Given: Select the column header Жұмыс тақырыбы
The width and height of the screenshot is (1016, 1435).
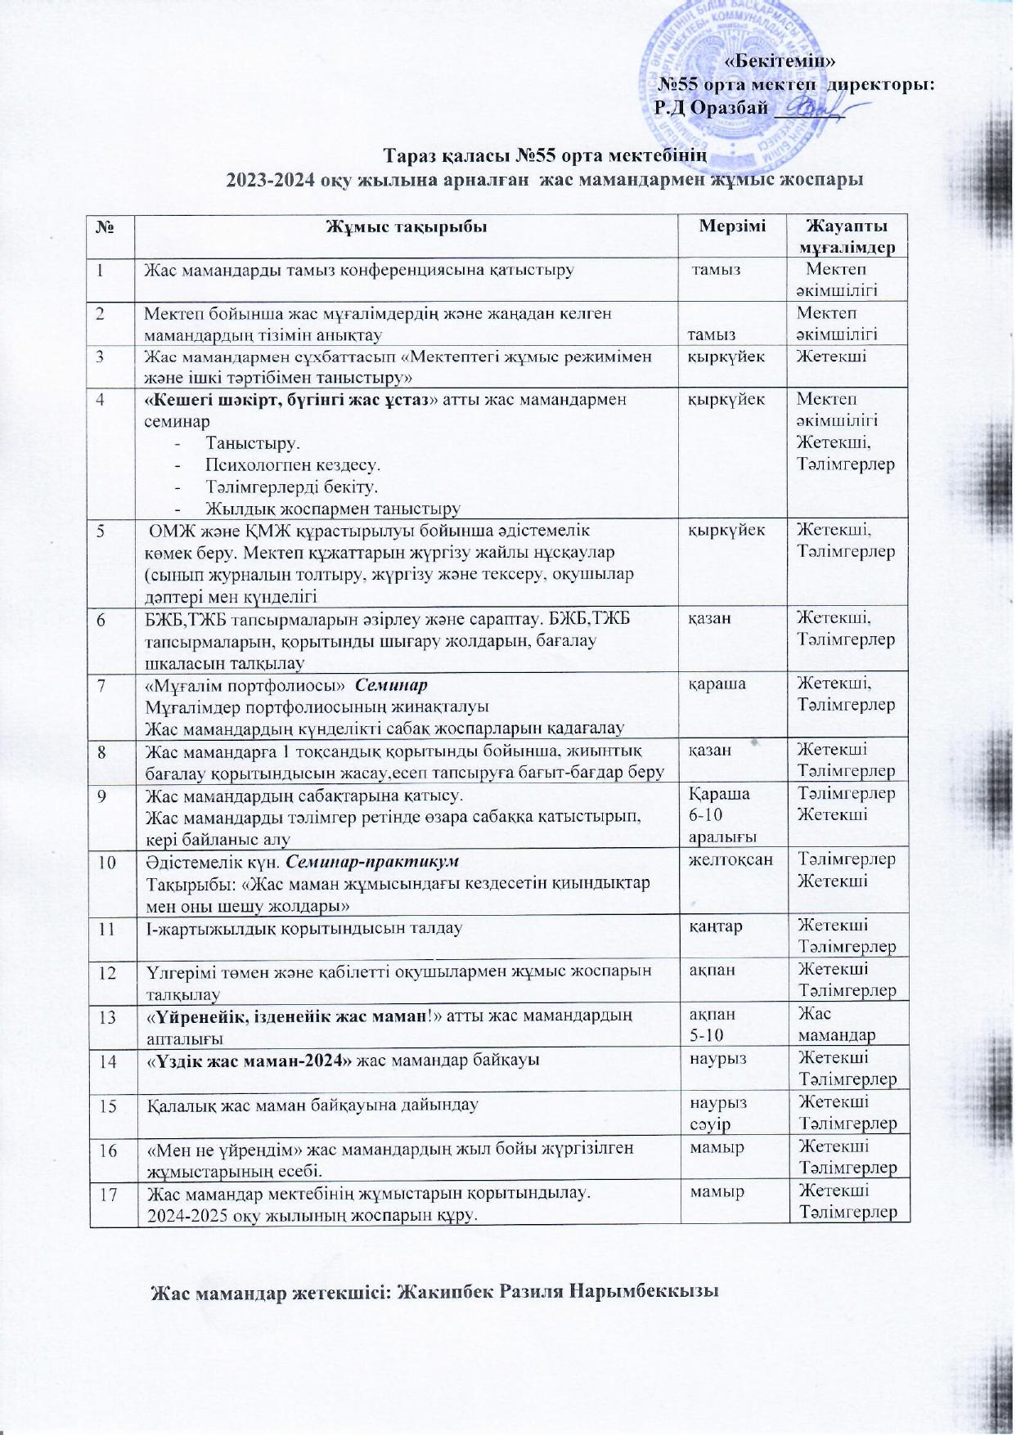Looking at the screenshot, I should click(x=407, y=226).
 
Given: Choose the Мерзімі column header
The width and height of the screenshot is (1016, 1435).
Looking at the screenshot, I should click(x=732, y=226).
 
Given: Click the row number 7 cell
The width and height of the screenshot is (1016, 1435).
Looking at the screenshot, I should click(x=101, y=684).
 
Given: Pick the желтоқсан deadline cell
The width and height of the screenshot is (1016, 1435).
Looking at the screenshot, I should click(x=732, y=859).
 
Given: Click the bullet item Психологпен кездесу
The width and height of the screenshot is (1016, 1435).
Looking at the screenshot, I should click(x=293, y=466).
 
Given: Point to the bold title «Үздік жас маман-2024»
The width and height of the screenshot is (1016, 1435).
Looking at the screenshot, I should click(x=250, y=1061).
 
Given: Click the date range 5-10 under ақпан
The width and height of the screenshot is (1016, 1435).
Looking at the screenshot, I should click(x=707, y=1035).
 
